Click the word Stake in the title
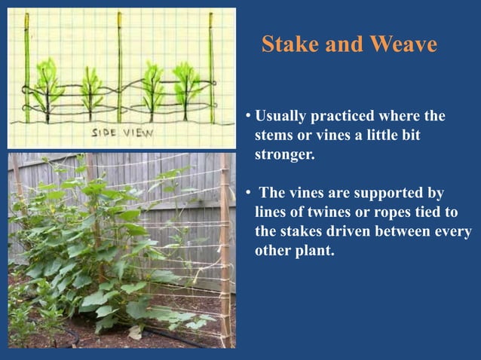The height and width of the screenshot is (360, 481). click(x=287, y=45)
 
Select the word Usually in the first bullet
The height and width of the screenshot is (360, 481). click(x=282, y=117)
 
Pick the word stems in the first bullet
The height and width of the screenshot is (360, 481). click(x=271, y=136)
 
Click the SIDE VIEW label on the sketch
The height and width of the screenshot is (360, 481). click(x=122, y=133)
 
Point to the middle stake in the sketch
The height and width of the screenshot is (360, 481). click(x=119, y=68)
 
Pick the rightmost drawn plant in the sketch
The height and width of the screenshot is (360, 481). click(x=185, y=84)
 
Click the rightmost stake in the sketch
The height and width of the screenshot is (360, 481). click(x=212, y=68)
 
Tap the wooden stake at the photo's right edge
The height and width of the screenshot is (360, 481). click(x=225, y=249)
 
